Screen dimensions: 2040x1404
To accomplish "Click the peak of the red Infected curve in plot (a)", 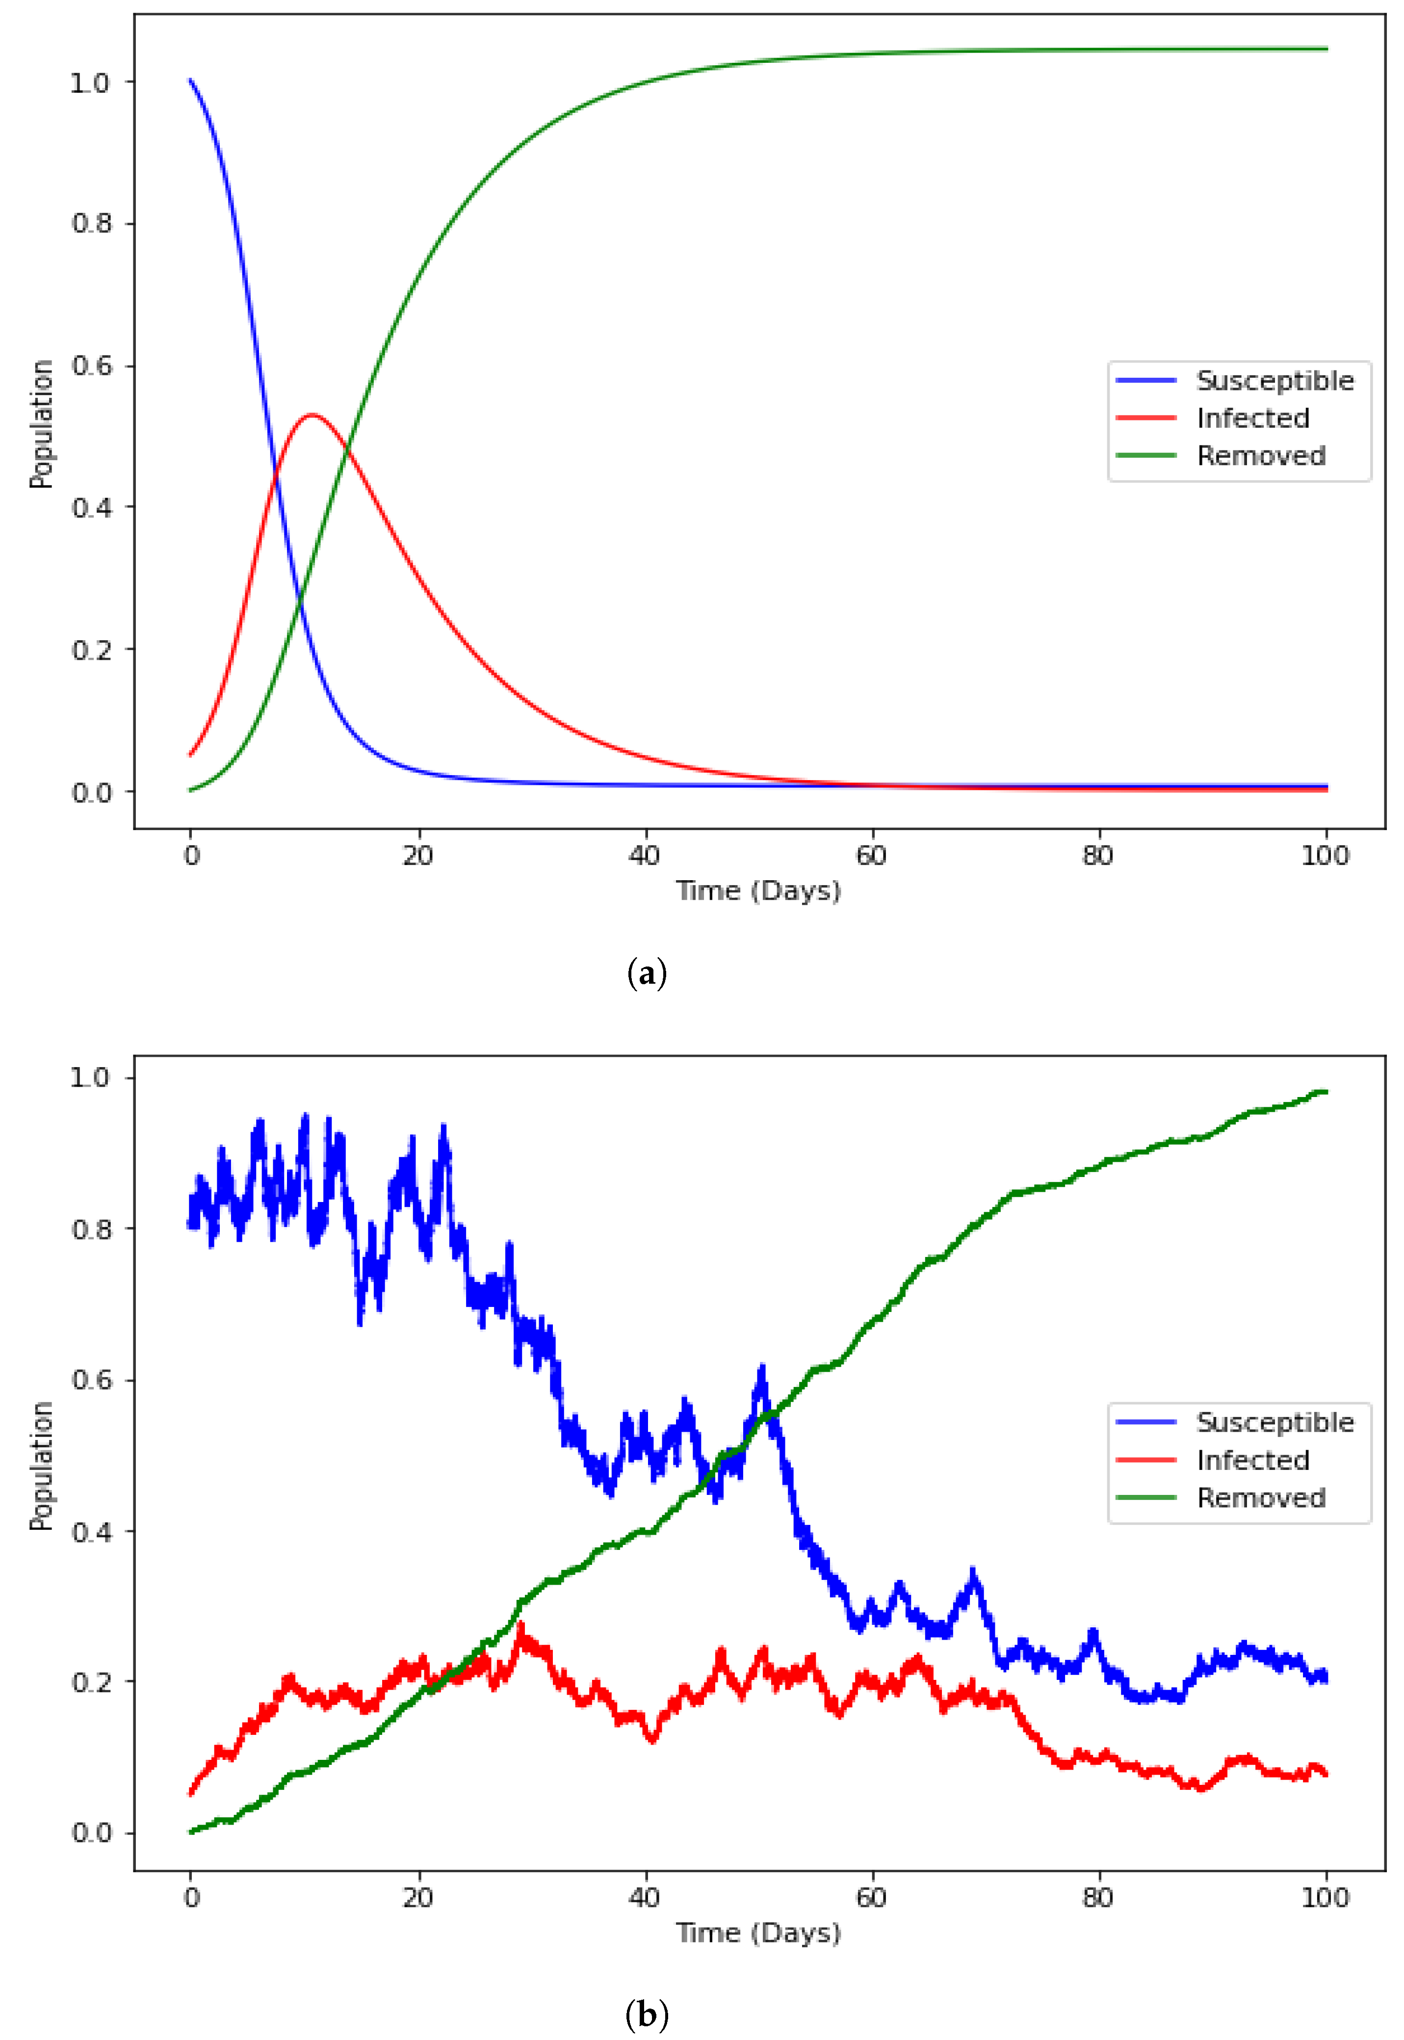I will click(x=312, y=415).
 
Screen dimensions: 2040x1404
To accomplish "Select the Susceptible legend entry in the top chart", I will click(x=1274, y=381).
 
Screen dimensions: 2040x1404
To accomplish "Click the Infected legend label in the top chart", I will click(x=1253, y=418).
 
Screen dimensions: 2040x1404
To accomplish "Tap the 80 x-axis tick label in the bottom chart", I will click(x=1098, y=1898).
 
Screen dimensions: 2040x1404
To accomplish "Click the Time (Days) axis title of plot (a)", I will click(x=758, y=891).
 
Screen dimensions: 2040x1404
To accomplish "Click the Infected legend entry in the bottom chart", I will click(x=1253, y=1460).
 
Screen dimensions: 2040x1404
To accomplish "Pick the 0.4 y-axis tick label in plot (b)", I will click(x=91, y=1532).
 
